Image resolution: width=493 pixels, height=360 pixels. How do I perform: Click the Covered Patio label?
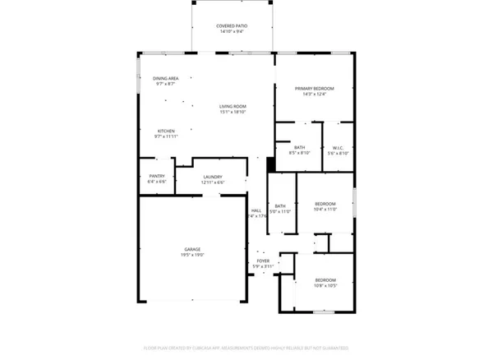tap(232, 25)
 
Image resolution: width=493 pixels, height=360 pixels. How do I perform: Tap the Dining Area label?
tap(165, 78)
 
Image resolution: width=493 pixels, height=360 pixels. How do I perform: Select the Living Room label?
tap(233, 106)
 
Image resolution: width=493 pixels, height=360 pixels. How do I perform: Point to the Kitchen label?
tap(166, 131)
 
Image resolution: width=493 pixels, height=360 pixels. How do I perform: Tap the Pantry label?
tap(157, 176)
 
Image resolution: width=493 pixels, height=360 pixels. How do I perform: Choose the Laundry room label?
tap(212, 176)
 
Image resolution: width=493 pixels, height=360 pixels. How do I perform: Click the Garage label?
tap(192, 249)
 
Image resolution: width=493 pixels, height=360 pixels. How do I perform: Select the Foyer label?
tap(263, 261)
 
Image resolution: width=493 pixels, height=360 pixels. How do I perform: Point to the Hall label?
tap(256, 210)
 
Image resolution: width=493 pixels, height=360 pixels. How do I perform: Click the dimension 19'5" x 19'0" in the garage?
tap(192, 255)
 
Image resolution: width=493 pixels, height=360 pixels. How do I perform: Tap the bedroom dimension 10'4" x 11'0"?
tap(325, 210)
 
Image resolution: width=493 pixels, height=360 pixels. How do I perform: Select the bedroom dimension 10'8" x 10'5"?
tap(325, 286)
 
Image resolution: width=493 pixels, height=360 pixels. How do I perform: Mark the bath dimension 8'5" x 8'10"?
tap(299, 153)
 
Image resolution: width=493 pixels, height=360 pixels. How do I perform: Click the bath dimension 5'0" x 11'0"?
tap(280, 212)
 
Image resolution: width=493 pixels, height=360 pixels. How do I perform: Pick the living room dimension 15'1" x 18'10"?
tap(233, 112)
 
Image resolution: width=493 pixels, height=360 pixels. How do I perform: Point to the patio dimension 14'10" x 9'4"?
tap(232, 31)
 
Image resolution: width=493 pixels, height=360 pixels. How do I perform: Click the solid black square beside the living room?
tap(271, 163)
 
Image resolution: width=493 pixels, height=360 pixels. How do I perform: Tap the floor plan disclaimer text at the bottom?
tap(246, 348)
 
